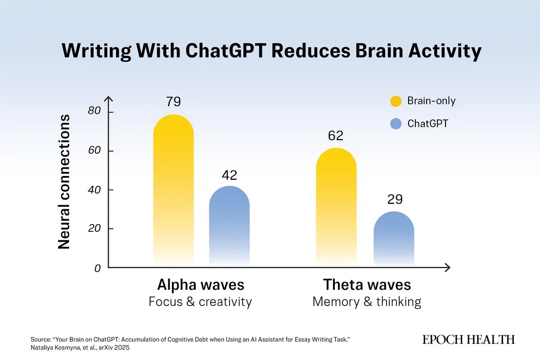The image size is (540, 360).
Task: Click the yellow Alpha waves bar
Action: coord(173,189)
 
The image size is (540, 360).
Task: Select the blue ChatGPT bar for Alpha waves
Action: coord(229,225)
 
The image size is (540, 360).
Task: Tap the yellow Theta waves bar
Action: coord(336,207)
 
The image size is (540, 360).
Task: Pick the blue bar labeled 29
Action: coord(394,238)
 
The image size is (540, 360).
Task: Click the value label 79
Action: coord(173,102)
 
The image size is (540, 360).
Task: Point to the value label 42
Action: coord(229,175)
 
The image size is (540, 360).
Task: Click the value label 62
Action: coord(336,135)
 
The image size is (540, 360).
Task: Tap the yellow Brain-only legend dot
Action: coord(396,101)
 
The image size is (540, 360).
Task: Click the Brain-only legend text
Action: coord(431,101)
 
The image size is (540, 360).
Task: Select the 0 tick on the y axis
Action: coord(97,269)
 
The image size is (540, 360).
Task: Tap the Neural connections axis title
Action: coord(64,182)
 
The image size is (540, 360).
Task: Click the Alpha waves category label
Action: coord(200,285)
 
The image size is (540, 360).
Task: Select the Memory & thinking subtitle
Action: coord(367,301)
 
